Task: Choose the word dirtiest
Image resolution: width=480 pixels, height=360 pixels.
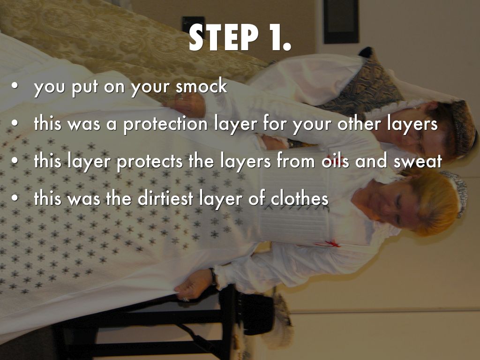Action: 165,198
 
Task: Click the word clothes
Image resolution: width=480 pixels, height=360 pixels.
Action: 300,198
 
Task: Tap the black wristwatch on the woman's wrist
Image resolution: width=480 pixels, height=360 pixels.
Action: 213,277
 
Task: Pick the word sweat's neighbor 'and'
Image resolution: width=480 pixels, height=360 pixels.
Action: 371,161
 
